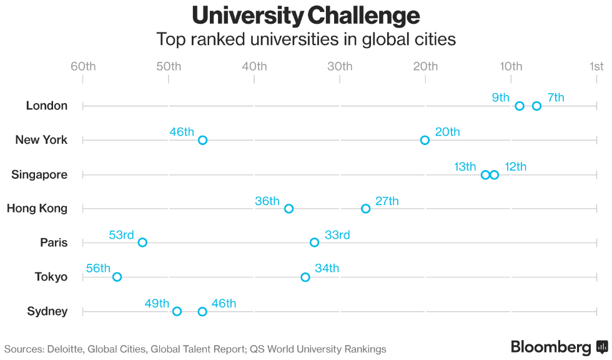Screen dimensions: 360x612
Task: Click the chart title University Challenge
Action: (306, 15)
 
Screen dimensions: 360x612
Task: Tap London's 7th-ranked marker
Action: (536, 106)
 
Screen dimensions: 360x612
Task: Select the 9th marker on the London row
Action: (520, 106)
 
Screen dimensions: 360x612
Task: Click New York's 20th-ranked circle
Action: (425, 140)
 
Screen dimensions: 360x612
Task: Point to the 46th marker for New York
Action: (202, 140)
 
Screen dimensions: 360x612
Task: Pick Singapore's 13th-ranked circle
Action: (485, 174)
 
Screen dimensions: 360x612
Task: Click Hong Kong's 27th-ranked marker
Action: (365, 208)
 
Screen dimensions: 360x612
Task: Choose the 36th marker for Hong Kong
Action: (289, 208)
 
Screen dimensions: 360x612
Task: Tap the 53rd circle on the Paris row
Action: (142, 242)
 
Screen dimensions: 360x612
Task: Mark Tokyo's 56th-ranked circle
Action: (117, 277)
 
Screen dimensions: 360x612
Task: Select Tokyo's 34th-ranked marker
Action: (305, 277)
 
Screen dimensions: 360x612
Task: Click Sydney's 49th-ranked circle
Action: (177, 311)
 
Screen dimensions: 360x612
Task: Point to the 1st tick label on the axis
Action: (596, 66)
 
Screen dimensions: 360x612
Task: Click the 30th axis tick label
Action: (340, 66)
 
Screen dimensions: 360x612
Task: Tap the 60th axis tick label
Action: (83, 66)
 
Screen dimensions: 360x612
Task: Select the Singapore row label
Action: (39, 174)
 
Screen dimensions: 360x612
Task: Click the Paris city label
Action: (54, 242)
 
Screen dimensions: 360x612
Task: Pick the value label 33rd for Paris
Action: (337, 235)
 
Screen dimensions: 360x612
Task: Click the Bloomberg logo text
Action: (551, 347)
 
